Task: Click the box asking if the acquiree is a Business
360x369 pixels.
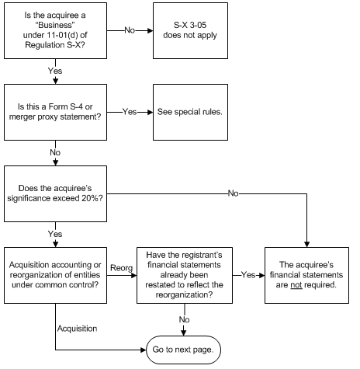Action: pos(55,30)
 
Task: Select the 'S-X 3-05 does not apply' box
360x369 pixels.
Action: pos(190,30)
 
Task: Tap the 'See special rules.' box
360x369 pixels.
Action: pos(190,112)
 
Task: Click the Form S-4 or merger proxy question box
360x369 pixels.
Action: pos(55,112)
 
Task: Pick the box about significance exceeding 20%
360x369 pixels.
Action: pos(55,193)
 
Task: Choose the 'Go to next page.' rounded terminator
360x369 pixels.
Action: pos(183,350)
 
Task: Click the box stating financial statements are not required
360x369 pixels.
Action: pos(306,275)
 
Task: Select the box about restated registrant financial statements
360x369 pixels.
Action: pos(185,275)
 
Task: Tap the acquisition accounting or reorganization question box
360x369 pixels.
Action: pos(55,275)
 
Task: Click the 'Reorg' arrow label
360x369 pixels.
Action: pos(121,268)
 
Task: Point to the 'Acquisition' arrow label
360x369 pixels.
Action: pos(77,329)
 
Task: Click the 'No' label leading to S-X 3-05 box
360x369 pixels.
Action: pos(130,30)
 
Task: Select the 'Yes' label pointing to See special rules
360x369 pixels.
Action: pos(130,112)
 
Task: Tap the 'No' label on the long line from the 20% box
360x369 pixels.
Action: pos(233,193)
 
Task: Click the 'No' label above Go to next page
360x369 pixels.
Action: pos(184,319)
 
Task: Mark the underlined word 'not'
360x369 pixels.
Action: pos(296,285)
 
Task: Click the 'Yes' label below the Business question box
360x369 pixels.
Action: pos(55,71)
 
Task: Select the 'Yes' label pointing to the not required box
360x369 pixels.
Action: pos(248,275)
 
